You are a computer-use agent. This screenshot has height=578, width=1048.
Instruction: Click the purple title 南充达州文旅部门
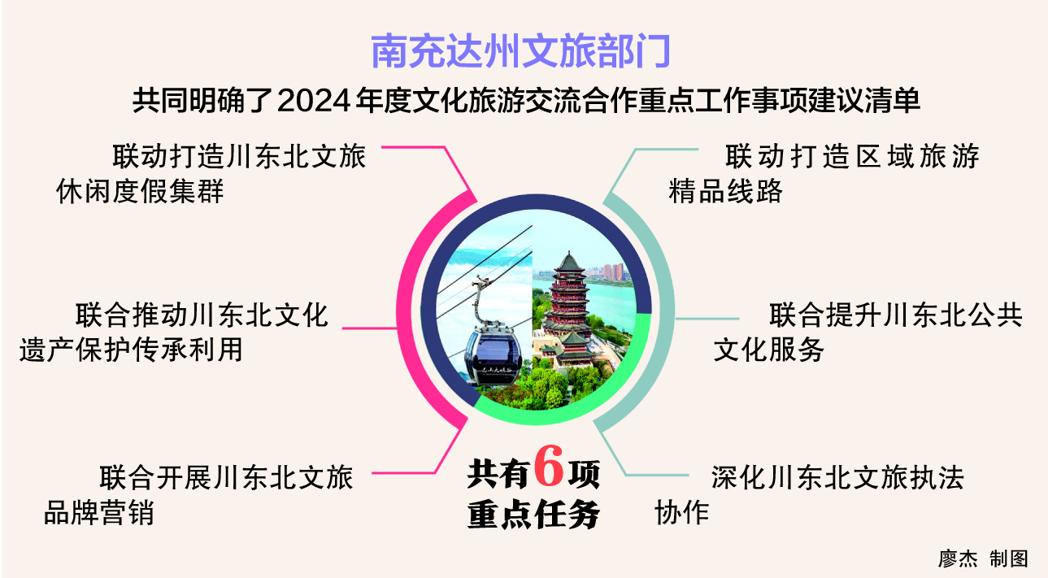point(520,51)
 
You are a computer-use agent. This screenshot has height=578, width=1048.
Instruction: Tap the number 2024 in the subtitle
point(314,101)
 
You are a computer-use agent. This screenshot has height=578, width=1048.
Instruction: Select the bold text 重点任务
point(533,514)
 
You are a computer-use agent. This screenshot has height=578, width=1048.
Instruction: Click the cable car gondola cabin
point(493,354)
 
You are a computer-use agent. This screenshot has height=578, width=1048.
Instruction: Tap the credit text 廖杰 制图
point(983,558)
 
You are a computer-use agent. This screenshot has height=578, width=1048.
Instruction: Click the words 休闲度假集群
point(140,191)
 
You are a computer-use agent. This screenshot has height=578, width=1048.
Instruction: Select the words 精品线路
point(725,191)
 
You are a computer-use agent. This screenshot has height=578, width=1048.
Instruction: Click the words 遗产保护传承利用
point(131,350)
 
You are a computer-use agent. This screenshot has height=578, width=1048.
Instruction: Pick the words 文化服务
point(768,350)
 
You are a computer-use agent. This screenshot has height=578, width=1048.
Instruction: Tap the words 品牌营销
point(98,512)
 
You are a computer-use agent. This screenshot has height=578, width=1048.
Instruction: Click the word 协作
point(681,512)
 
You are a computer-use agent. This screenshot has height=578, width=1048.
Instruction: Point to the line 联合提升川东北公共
point(895,315)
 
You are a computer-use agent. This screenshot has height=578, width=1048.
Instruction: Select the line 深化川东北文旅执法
point(837,477)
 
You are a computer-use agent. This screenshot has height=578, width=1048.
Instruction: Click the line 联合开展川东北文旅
point(227,477)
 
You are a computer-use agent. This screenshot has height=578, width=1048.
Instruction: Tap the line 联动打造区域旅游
point(852,156)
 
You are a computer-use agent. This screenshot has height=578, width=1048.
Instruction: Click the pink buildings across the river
point(613,272)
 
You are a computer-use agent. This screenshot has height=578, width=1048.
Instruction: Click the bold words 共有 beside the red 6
point(498,473)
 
